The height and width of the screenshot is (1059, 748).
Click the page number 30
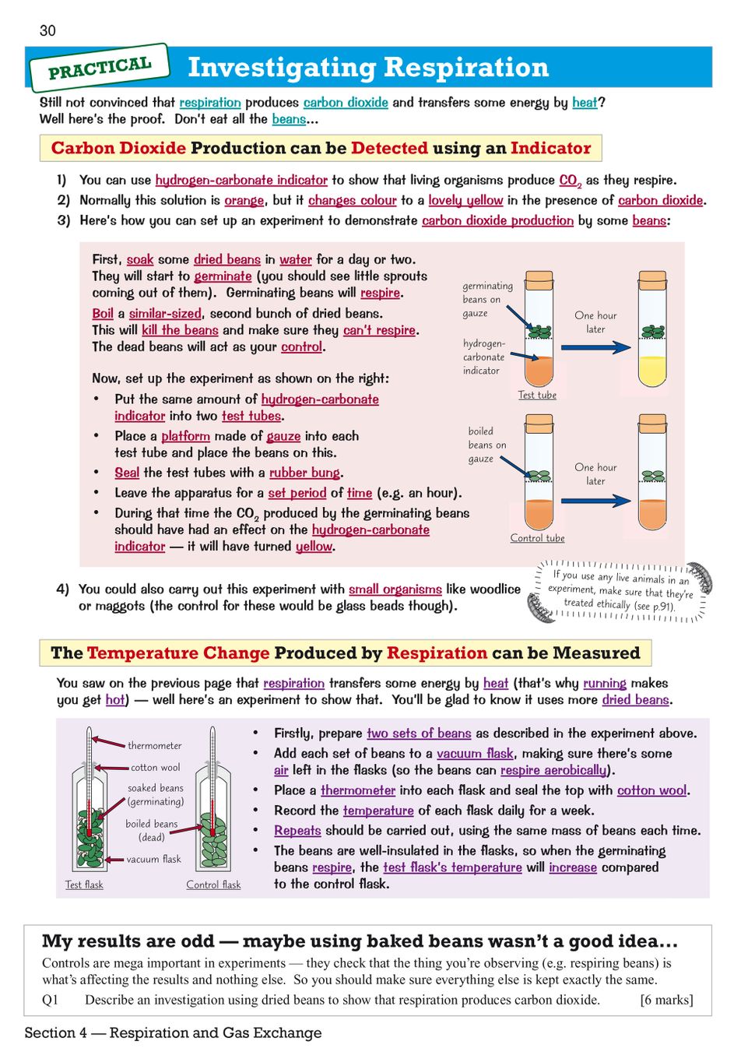pyautogui.click(x=47, y=30)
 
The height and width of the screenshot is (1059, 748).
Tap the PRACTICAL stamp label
pyautogui.click(x=100, y=68)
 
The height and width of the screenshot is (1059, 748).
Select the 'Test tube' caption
pyautogui.click(x=537, y=395)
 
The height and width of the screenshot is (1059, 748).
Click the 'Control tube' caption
pyautogui.click(x=537, y=538)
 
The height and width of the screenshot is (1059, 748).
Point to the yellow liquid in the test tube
pyautogui.click(x=652, y=371)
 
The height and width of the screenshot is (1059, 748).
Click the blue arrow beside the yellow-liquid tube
pyautogui.click(x=595, y=347)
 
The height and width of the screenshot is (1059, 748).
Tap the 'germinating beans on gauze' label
pyautogui.click(x=487, y=299)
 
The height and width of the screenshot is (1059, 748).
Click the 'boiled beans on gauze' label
pyautogui.click(x=486, y=445)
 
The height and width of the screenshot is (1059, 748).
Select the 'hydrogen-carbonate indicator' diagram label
pyautogui.click(x=483, y=357)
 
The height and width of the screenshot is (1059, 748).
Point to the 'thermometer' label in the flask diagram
pyautogui.click(x=154, y=745)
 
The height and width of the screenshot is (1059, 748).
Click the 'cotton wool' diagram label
pyautogui.click(x=155, y=767)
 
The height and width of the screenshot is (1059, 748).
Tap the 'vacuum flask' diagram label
pyautogui.click(x=153, y=859)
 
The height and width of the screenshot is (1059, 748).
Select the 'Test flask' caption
pyautogui.click(x=84, y=885)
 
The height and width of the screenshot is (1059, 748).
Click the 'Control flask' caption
pyautogui.click(x=213, y=885)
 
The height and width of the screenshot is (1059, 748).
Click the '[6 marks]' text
pyautogui.click(x=665, y=999)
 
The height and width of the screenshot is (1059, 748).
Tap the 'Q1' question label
pyautogui.click(x=50, y=999)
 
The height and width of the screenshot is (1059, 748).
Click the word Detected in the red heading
pyautogui.click(x=389, y=148)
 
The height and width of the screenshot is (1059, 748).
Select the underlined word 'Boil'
pyautogui.click(x=103, y=313)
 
